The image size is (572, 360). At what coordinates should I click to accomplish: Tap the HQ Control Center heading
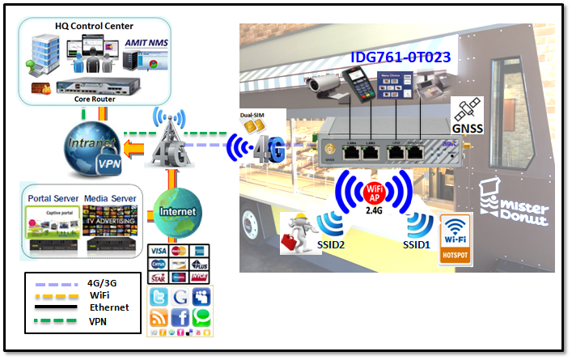[94, 26]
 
